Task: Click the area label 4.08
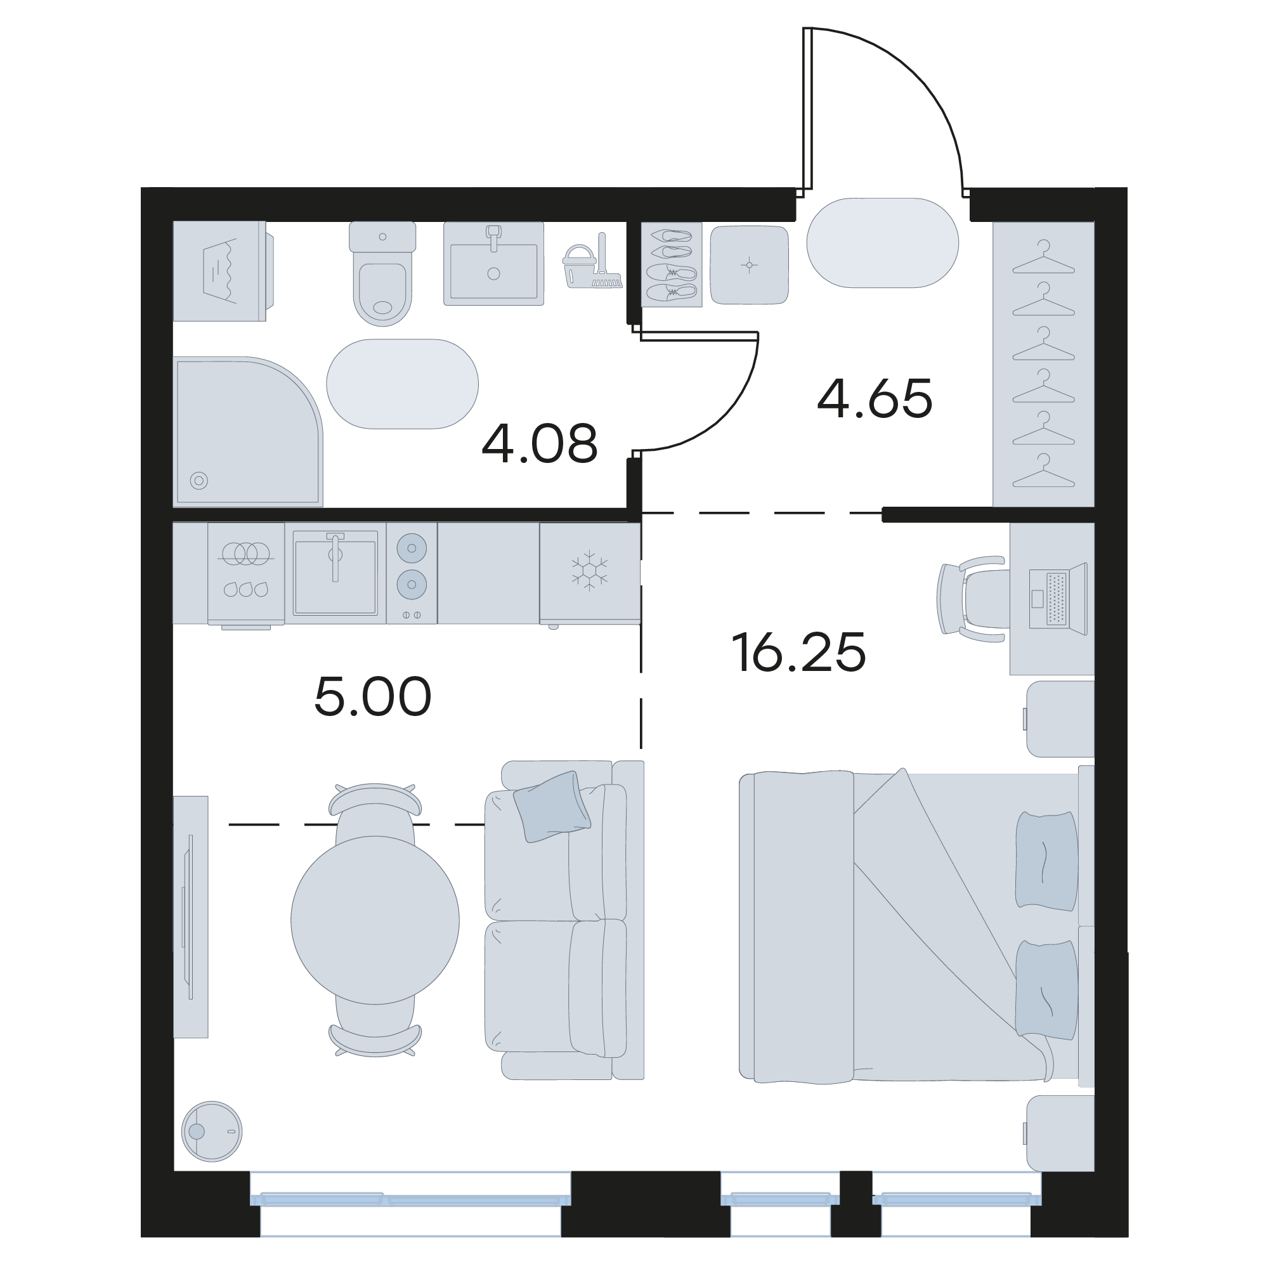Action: coord(539,443)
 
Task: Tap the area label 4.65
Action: coord(875,399)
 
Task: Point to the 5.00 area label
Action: coord(372,696)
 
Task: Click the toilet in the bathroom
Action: coord(382,273)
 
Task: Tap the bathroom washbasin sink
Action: coord(493,263)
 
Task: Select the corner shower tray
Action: coord(247,431)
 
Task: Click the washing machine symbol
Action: coord(223,271)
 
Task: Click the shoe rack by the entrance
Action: coord(671,264)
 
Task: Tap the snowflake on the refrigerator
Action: coord(589,569)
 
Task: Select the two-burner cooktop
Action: coord(412,573)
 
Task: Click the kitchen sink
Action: coord(335,573)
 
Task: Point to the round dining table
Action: coord(375,920)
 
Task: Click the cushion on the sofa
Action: coord(552,807)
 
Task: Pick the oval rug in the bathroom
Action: coord(402,384)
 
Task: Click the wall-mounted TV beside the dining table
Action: coord(190,917)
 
